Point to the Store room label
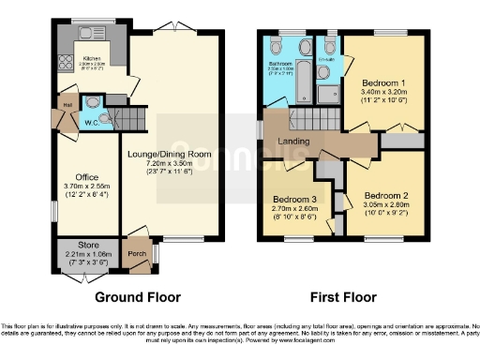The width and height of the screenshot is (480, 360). (87, 246)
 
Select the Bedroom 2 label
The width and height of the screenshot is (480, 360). (382, 197)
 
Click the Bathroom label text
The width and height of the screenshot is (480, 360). (281, 64)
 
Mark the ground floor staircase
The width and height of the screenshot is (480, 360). (137, 118)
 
